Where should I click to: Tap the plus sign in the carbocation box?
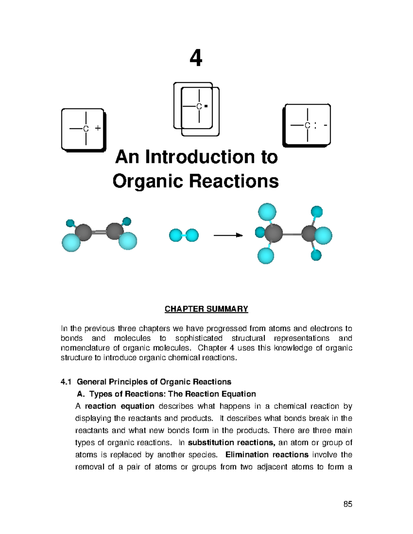(x=98, y=128)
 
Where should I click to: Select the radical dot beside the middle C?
(x=206, y=106)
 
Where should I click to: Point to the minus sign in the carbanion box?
(x=325, y=125)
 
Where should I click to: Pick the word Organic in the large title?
(x=148, y=181)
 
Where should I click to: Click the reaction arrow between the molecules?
(x=228, y=235)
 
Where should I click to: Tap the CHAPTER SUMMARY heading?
(x=206, y=309)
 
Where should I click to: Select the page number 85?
(x=348, y=504)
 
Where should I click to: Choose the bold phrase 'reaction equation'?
(x=119, y=406)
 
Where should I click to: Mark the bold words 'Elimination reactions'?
(x=267, y=455)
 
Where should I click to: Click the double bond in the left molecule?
(x=99, y=232)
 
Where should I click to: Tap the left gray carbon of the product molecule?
(x=274, y=233)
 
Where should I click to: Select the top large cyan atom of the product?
(x=267, y=212)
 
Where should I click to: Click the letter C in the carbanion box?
(x=307, y=126)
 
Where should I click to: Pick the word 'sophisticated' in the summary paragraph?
(x=199, y=338)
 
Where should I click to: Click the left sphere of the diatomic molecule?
(x=176, y=236)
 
